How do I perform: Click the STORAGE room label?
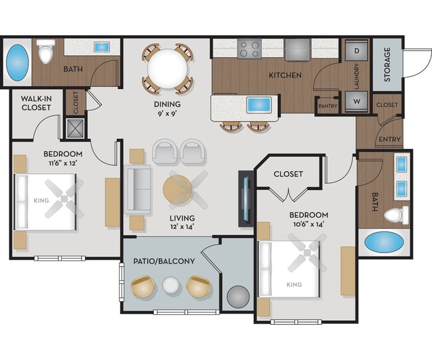click(x=387, y=64)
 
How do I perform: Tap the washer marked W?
click(x=356, y=102)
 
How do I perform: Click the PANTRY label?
click(x=328, y=106)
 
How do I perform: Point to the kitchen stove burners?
click(x=250, y=48)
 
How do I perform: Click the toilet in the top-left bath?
click(x=46, y=52)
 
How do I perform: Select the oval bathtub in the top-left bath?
click(x=18, y=62)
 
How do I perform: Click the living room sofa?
click(x=139, y=187)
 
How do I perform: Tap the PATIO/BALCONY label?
click(x=164, y=261)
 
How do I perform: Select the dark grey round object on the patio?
click(x=237, y=297)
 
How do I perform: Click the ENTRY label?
click(x=388, y=139)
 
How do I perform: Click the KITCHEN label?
click(x=285, y=75)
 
